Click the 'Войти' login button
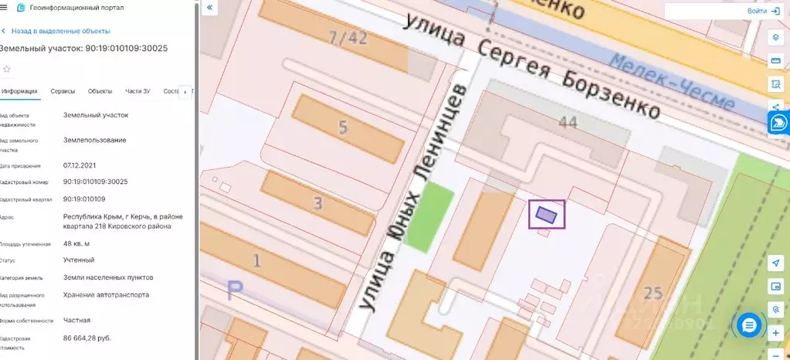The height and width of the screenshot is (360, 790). (762, 12)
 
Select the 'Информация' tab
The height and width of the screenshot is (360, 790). (19, 91)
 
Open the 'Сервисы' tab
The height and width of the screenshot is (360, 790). (63, 91)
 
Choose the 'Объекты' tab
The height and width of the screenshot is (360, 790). (100, 91)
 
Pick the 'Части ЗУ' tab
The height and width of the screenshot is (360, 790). (137, 91)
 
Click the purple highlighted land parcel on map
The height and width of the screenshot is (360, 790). (546, 213)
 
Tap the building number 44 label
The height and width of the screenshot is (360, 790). (568, 123)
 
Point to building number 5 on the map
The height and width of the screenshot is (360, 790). (343, 129)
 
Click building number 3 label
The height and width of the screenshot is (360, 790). (317, 204)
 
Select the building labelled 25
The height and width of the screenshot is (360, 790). (653, 293)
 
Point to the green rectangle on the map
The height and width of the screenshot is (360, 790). (429, 217)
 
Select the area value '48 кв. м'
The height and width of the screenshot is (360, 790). (76, 243)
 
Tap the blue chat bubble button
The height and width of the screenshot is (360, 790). (748, 325)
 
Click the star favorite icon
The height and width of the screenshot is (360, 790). (7, 69)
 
